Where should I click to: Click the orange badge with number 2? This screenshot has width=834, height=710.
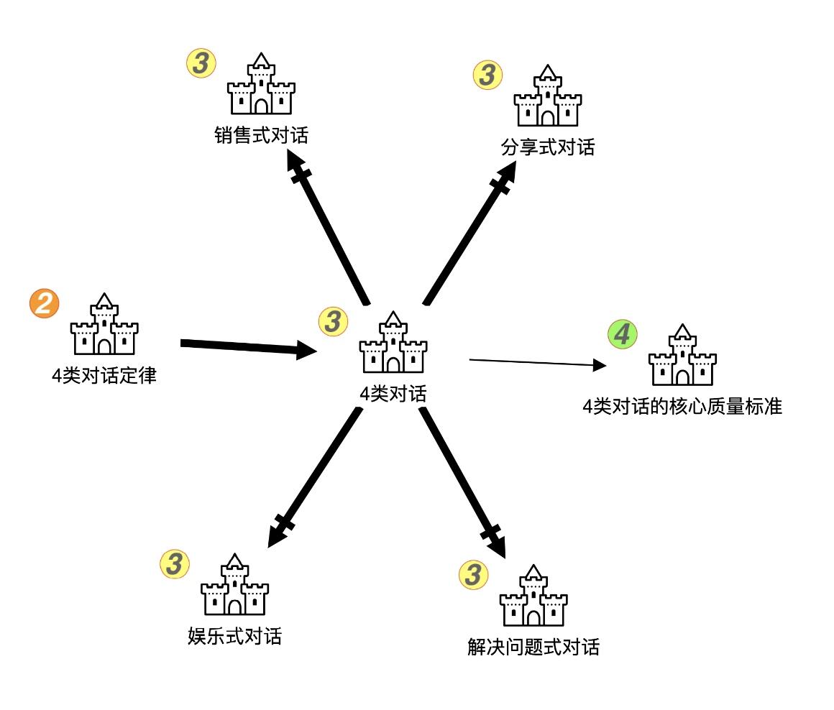44,303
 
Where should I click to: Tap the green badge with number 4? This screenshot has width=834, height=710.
623,333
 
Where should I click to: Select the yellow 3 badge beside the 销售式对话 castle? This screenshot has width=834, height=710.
201,63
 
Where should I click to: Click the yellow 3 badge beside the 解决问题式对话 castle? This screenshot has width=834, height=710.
473,574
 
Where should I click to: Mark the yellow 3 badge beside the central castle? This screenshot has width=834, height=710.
332,321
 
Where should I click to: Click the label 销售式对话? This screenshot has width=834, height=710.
261,134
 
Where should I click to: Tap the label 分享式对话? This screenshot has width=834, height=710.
548,147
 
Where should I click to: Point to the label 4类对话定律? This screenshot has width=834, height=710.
104,375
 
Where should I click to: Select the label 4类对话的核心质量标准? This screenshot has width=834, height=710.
682,407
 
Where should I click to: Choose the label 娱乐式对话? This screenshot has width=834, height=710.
234,636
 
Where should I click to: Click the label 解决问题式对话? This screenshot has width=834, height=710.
533,647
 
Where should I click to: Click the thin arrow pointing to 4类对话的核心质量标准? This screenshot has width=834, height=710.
536,362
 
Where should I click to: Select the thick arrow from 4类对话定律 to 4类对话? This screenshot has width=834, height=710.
248,348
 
